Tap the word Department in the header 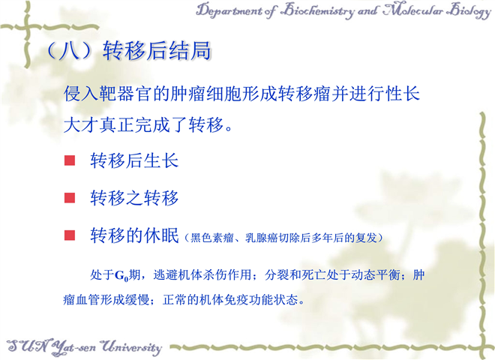tap(228, 10)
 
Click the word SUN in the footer tap(28, 346)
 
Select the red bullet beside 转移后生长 tap(70, 160)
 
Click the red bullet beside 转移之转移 tap(70, 198)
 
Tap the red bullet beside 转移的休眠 tap(70, 235)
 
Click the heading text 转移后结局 tap(157, 50)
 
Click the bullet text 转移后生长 tap(134, 160)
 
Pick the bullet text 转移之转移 tap(134, 198)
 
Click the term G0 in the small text tap(121, 276)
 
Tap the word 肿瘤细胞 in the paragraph tap(205, 94)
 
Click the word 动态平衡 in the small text tap(376, 274)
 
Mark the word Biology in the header tap(470, 10)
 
